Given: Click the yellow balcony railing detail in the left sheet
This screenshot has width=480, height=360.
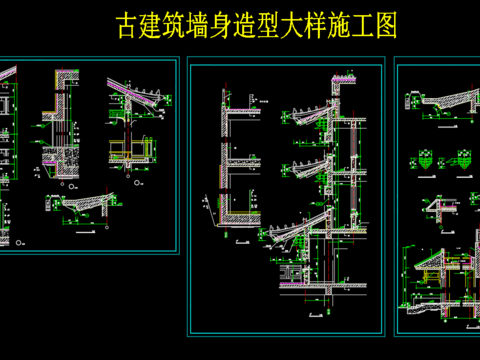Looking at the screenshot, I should coord(125,150).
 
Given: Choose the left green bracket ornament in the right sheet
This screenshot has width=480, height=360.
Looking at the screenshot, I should coord(424,159).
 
